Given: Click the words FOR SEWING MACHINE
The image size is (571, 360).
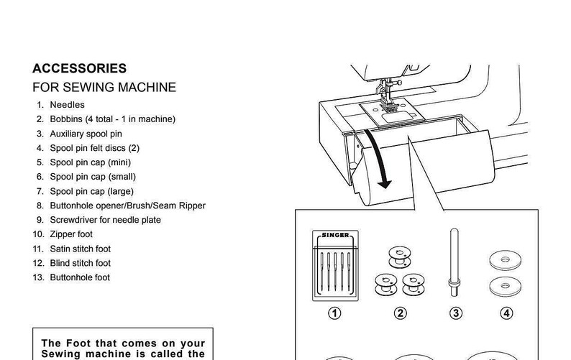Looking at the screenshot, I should pyautogui.click(x=104, y=88).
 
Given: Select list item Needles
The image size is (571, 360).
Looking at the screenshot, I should pyautogui.click(x=67, y=105).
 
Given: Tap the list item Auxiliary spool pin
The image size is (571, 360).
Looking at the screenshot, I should pyautogui.click(x=86, y=134).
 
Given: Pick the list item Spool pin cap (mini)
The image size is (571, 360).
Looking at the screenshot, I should pyautogui.click(x=90, y=162).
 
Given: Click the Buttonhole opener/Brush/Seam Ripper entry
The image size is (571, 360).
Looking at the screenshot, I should pyautogui.click(x=127, y=206).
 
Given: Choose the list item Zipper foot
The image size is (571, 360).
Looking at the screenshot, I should pyautogui.click(x=71, y=234).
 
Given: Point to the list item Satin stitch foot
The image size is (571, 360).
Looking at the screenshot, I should pyautogui.click(x=80, y=249).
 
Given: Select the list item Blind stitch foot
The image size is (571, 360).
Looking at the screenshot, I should pyautogui.click(x=80, y=263).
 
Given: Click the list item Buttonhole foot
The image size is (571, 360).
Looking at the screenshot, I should pyautogui.click(x=80, y=277).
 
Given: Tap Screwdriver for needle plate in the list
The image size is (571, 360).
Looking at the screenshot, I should pyautogui.click(x=105, y=220).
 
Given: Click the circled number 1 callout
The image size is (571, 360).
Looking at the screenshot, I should pyautogui.click(x=334, y=313).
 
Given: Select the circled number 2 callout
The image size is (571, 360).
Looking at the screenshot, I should pyautogui.click(x=401, y=313).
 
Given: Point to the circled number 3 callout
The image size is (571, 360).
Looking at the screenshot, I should pyautogui.click(x=454, y=313).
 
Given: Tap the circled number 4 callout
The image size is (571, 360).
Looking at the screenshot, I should pyautogui.click(x=507, y=313).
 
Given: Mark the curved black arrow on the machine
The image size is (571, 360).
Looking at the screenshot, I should pyautogui.click(x=379, y=159).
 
